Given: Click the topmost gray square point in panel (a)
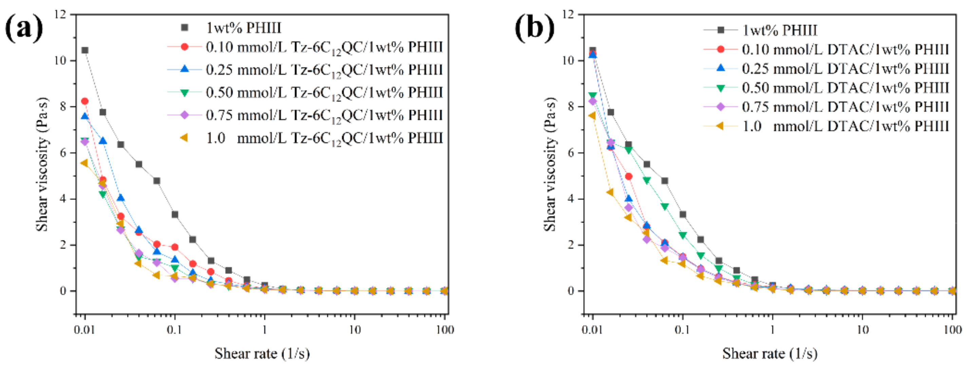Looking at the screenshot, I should pos(85,50).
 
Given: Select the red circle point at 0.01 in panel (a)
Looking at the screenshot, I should pos(85,101).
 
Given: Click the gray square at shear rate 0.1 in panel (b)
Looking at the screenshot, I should pos(683,214).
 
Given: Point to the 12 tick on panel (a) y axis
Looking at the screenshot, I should pos(60,15).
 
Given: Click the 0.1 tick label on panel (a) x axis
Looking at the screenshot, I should pos(174,330).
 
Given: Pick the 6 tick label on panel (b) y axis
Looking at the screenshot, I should pos(571,153).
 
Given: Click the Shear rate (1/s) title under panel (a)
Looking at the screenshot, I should pos(262,353).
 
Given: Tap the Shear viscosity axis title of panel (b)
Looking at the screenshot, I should pos(550,164).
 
